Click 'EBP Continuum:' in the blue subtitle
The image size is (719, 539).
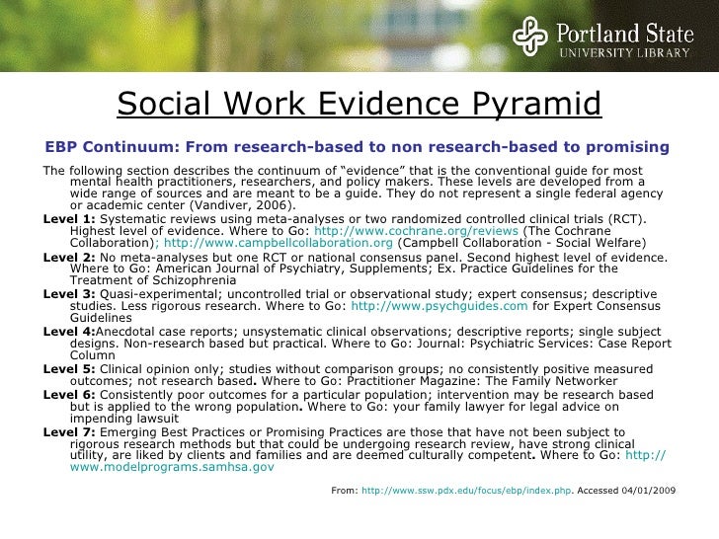(x=106, y=147)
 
